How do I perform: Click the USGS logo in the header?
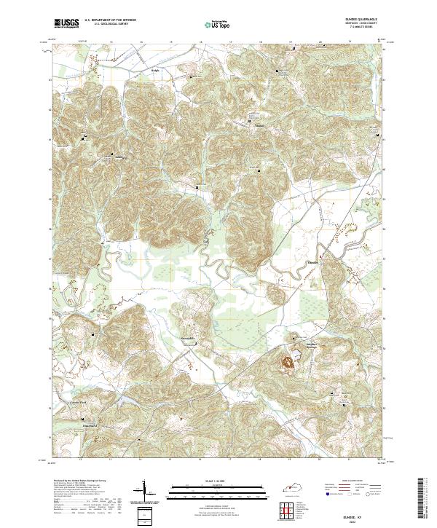point(66,23)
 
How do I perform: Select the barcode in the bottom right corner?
point(426,500)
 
